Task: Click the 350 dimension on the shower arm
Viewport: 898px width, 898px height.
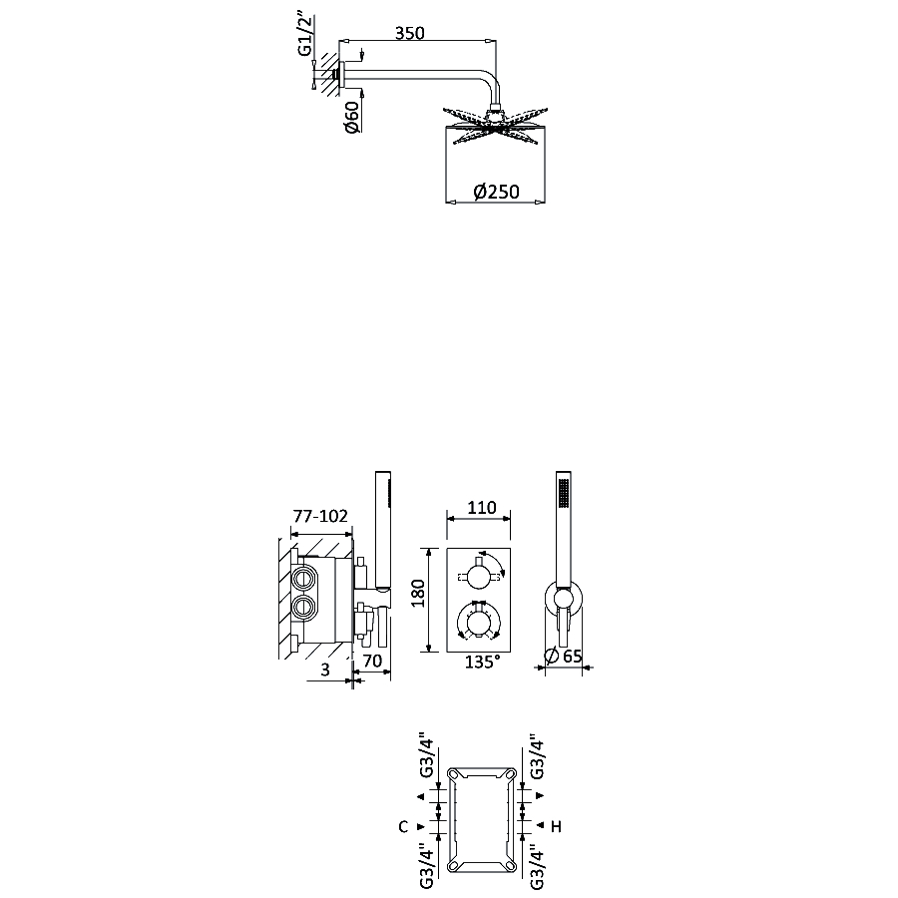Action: (x=409, y=33)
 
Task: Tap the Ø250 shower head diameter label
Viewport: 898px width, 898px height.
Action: (x=497, y=192)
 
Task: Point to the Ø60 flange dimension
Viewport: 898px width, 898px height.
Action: (x=352, y=117)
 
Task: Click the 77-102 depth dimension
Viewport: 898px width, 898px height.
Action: (x=320, y=516)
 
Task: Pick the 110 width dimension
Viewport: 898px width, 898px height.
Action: (x=482, y=508)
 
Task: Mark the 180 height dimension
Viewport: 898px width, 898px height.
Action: (x=418, y=594)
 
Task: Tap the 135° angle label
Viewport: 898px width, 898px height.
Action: (x=482, y=662)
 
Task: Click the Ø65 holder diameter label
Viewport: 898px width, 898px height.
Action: (x=563, y=657)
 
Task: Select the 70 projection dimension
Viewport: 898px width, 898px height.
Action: (x=372, y=661)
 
